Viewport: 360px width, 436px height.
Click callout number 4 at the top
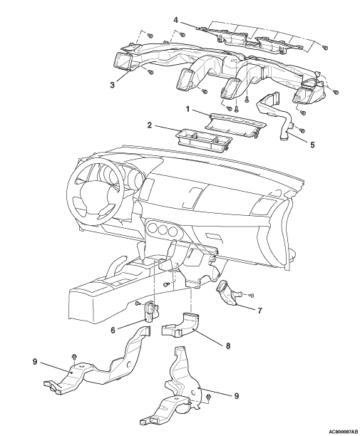click(x=175, y=20)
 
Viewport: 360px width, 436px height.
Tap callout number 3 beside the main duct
click(x=112, y=85)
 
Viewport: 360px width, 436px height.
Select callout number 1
click(x=187, y=109)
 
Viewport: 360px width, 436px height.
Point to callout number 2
click(x=150, y=125)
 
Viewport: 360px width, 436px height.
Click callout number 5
click(x=312, y=145)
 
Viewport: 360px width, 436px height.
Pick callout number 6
click(x=113, y=330)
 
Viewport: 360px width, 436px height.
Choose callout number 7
click(x=259, y=311)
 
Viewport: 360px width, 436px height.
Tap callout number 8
click(x=228, y=346)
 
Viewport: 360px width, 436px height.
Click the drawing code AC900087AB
click(x=342, y=432)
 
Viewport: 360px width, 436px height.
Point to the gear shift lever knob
click(x=142, y=247)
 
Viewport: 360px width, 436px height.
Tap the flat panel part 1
click(x=235, y=125)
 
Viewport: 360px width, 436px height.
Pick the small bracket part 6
click(x=151, y=311)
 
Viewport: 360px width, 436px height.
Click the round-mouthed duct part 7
click(x=229, y=293)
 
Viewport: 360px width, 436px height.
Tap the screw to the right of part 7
click(x=251, y=295)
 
